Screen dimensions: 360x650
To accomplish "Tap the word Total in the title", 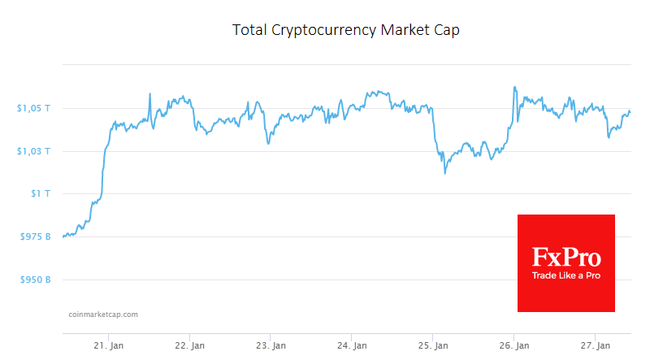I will pyautogui.click(x=246, y=30).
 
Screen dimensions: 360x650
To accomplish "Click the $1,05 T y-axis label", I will pyautogui.click(x=33, y=108).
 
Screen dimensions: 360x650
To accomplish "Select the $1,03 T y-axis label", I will pyautogui.click(x=33, y=151).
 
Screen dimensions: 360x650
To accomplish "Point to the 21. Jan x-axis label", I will pyautogui.click(x=108, y=345).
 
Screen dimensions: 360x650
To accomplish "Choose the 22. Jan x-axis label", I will pyautogui.click(x=189, y=345).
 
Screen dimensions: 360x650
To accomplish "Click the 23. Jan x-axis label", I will pyautogui.click(x=271, y=345).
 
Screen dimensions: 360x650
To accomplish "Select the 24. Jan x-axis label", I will pyautogui.click(x=352, y=345).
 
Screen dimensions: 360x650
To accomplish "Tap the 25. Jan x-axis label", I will pyautogui.click(x=433, y=345).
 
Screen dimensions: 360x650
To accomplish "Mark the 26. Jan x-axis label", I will pyautogui.click(x=514, y=345).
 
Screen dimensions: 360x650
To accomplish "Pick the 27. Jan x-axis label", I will pyautogui.click(x=596, y=345).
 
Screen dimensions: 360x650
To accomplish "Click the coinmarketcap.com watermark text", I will pyautogui.click(x=102, y=314).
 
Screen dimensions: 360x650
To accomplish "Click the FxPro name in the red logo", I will pyautogui.click(x=566, y=258).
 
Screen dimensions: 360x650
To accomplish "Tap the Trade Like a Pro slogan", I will pyautogui.click(x=566, y=276).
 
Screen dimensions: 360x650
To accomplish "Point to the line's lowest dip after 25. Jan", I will pyautogui.click(x=444, y=172).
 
